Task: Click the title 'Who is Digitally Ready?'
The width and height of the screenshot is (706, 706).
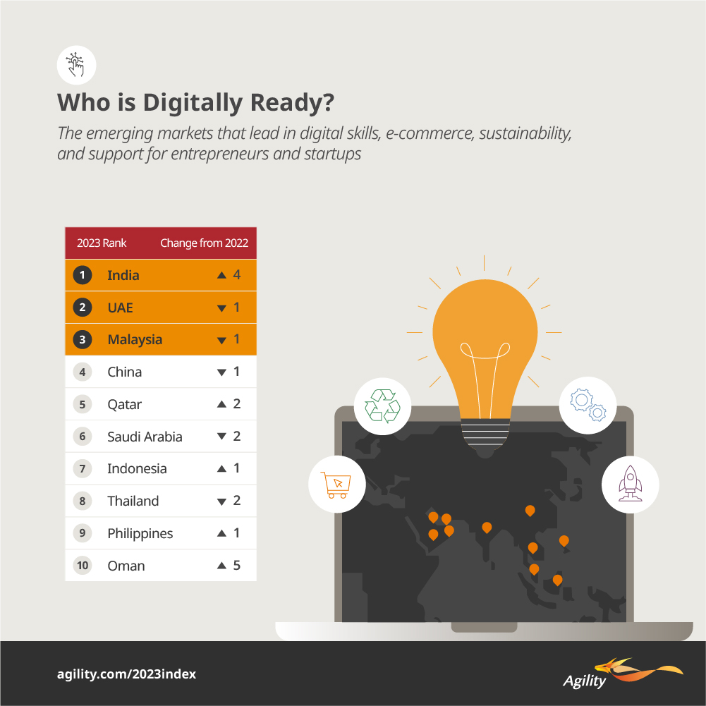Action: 195,103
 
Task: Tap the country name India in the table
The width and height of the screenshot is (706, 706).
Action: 123,275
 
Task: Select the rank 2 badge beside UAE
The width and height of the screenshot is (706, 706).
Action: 83,308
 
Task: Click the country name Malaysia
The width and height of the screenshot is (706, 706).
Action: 135,340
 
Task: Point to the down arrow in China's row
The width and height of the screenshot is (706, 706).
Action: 221,372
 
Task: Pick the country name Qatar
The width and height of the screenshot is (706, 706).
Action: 124,405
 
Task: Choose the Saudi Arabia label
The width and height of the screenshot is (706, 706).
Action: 145,437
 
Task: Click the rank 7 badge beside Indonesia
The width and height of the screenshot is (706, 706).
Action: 83,469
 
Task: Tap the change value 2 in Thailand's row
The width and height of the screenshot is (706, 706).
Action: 236,501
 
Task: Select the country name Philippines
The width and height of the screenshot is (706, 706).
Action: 140,533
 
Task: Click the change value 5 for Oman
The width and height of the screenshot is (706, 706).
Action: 236,566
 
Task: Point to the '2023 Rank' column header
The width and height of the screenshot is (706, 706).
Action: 102,243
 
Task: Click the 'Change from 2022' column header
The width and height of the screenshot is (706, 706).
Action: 204,243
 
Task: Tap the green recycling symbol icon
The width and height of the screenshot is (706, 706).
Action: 382,406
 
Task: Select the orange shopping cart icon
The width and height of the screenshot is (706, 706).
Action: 336,485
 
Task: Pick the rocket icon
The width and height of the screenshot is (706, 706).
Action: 629,485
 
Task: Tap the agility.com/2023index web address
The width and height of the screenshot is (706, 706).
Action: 126,674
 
